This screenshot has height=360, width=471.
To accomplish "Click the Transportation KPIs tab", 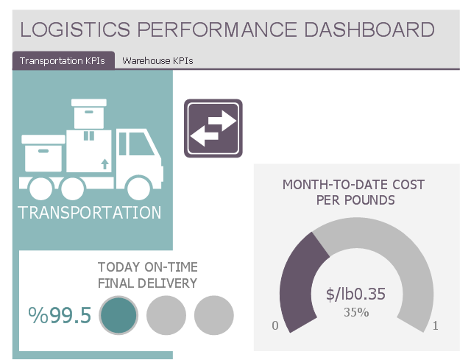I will (63, 61).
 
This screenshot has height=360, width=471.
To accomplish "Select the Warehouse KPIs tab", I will (157, 61).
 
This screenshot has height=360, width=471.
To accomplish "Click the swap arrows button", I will (213, 128).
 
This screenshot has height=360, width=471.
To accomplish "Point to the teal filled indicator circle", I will (118, 315).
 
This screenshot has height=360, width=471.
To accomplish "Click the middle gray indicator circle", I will (166, 315).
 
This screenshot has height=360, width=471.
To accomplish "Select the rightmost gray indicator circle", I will (213, 315).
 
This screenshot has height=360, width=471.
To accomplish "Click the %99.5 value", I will (60, 315).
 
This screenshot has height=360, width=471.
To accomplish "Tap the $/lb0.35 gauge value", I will (356, 294).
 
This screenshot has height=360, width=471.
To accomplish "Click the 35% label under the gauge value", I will (356, 312).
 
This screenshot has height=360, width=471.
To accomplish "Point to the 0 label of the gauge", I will (275, 326).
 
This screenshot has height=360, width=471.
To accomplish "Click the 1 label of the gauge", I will (436, 326).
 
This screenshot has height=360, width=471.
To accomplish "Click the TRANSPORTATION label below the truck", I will (89, 213).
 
